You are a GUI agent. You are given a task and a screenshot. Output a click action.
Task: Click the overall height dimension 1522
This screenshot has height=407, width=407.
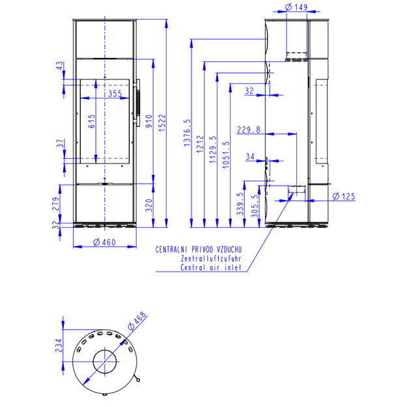(x=161, y=123)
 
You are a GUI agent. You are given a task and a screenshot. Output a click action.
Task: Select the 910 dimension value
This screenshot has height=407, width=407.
(x=148, y=121)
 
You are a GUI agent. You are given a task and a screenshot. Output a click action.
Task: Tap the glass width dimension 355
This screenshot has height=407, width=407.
(x=115, y=93)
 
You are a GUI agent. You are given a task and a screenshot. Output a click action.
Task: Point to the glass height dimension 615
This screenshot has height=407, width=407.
(x=91, y=121)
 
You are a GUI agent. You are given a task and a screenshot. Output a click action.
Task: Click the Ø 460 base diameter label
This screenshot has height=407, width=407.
(x=104, y=242)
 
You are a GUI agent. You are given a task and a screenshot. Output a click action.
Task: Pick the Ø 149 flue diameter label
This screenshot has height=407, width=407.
(x=296, y=7)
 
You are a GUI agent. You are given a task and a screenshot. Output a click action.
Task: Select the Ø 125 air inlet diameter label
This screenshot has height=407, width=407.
(x=344, y=196)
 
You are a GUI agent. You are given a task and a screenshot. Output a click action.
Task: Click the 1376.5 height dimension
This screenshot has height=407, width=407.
(x=187, y=133)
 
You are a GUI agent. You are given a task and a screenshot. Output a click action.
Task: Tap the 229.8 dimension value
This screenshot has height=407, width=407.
(x=248, y=130)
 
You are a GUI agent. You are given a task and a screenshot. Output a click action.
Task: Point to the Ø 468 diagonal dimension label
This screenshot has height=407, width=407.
(x=137, y=321)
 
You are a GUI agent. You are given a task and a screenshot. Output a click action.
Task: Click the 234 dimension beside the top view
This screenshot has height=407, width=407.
(x=59, y=346)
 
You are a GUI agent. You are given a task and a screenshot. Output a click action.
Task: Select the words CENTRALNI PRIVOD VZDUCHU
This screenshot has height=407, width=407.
(x=199, y=249)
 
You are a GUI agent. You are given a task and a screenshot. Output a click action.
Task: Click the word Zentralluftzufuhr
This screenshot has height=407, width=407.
(x=211, y=259)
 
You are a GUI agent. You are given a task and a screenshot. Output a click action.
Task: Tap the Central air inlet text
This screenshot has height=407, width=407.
(x=211, y=268)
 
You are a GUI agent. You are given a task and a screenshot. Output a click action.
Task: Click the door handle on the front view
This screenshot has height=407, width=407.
(x=137, y=103)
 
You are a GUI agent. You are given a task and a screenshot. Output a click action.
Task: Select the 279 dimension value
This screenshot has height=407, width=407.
(x=56, y=204)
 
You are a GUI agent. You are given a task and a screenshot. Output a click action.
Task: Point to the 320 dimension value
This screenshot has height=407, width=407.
(x=148, y=205)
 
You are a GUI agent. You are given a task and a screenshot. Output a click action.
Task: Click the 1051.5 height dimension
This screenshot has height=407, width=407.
(x=226, y=155)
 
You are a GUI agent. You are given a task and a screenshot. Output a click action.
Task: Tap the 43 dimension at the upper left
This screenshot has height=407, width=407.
(x=59, y=65)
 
